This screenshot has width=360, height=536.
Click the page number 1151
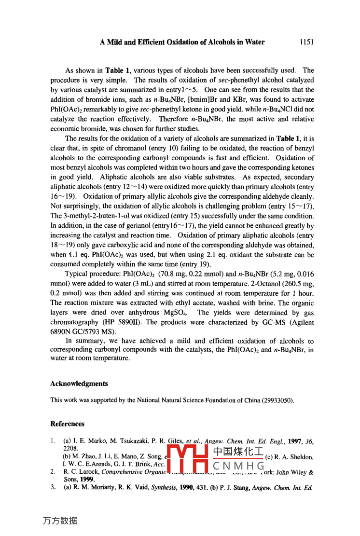tap(306, 42)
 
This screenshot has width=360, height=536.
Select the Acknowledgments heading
tap(79, 384)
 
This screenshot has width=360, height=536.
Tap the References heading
tap(67, 424)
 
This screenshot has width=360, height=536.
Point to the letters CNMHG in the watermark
tap(239, 466)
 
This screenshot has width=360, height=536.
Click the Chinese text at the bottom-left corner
tap(60, 521)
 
